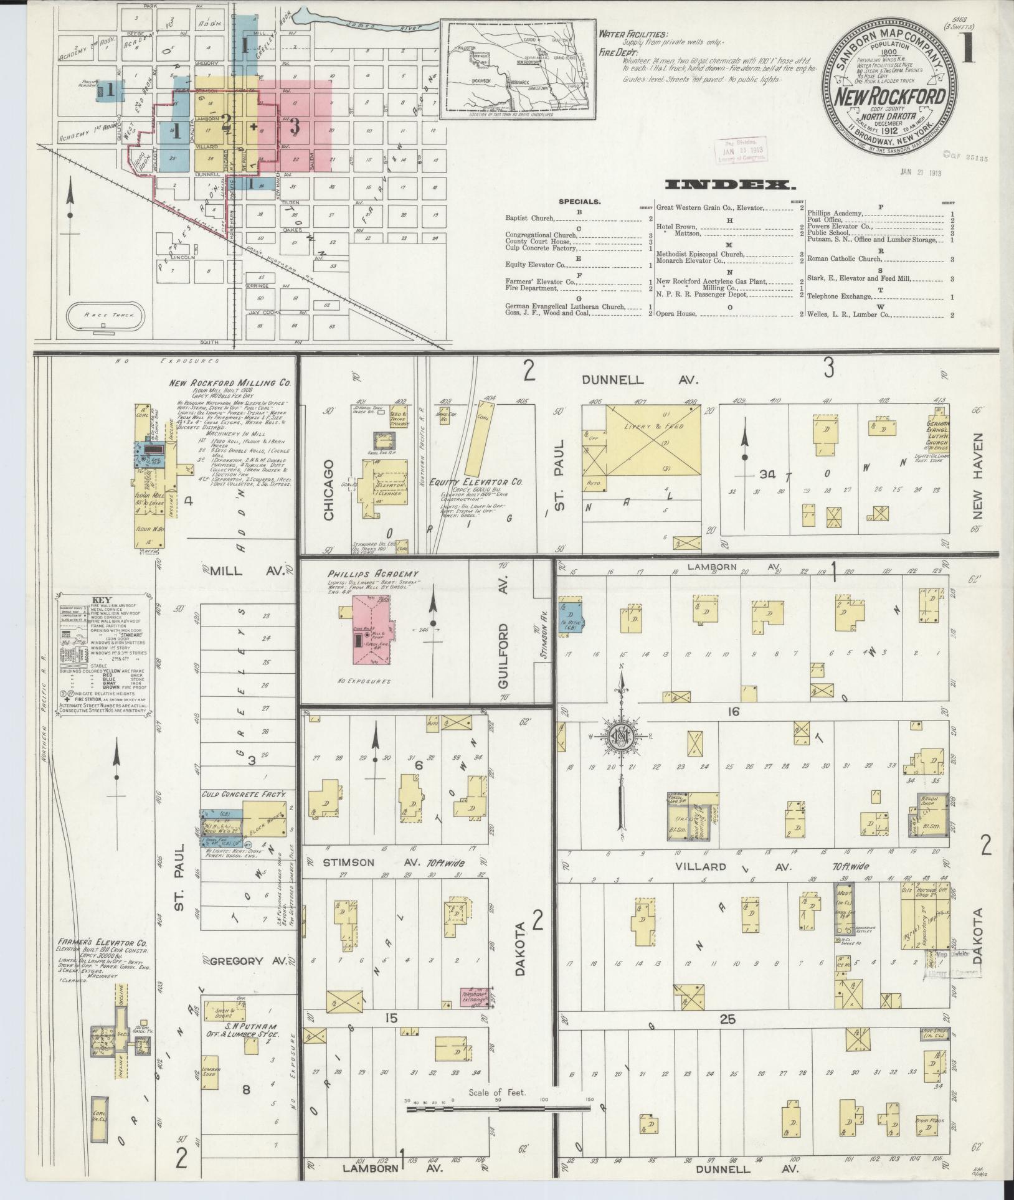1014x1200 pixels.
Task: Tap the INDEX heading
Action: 729,185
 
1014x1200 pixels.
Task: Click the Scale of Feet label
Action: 497,1092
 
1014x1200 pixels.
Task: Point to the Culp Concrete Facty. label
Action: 244,794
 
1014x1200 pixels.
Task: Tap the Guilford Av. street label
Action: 503,635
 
